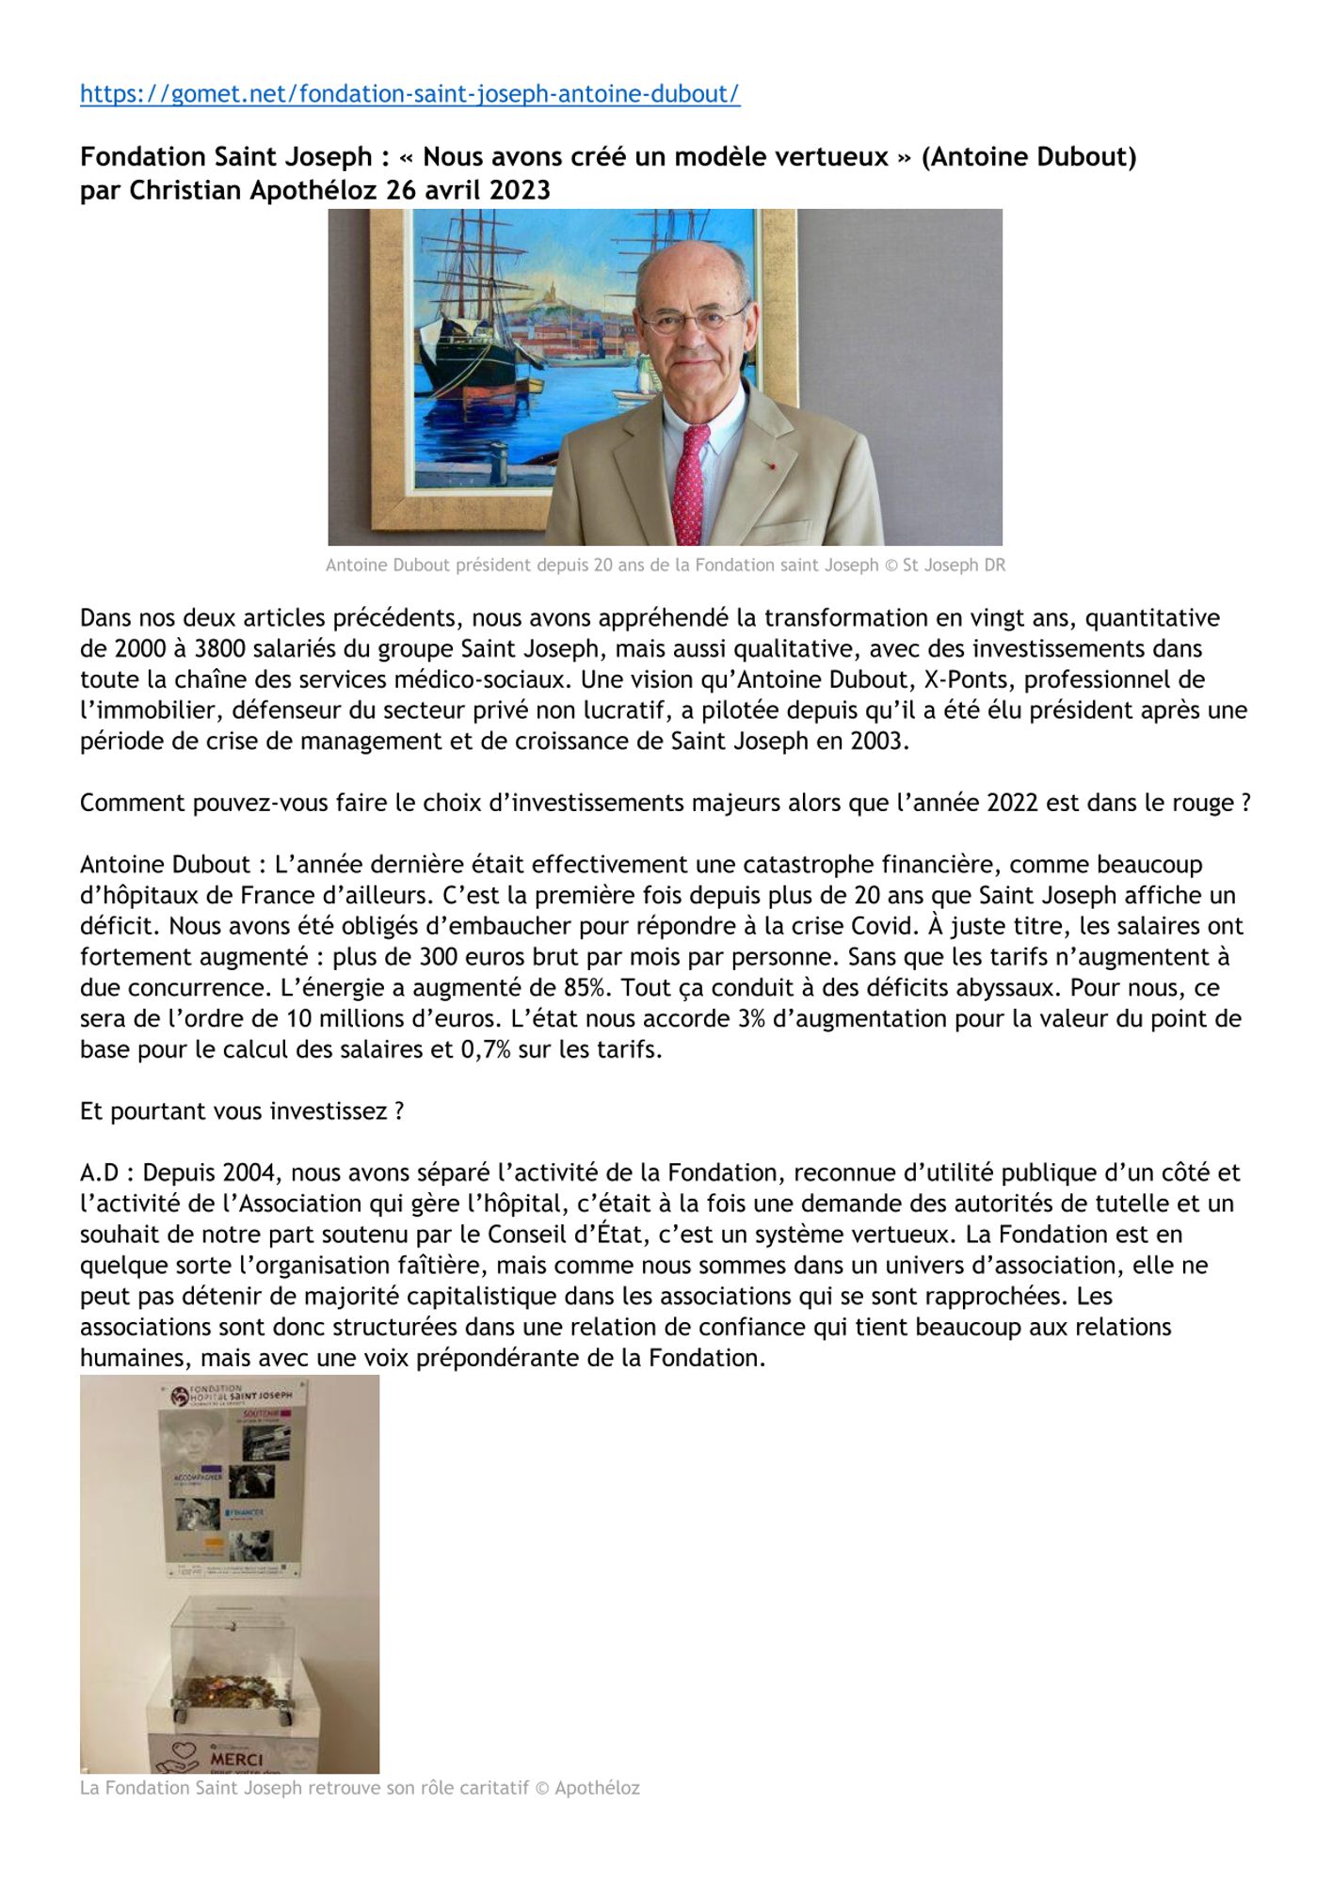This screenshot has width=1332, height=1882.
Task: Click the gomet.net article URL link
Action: (x=409, y=94)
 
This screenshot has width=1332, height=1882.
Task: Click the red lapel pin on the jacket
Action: (x=771, y=465)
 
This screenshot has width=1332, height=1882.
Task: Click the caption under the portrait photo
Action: (x=665, y=566)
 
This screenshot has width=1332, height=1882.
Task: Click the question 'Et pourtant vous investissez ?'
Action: (x=242, y=1111)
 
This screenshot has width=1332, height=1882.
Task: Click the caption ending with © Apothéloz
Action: (x=360, y=1789)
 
